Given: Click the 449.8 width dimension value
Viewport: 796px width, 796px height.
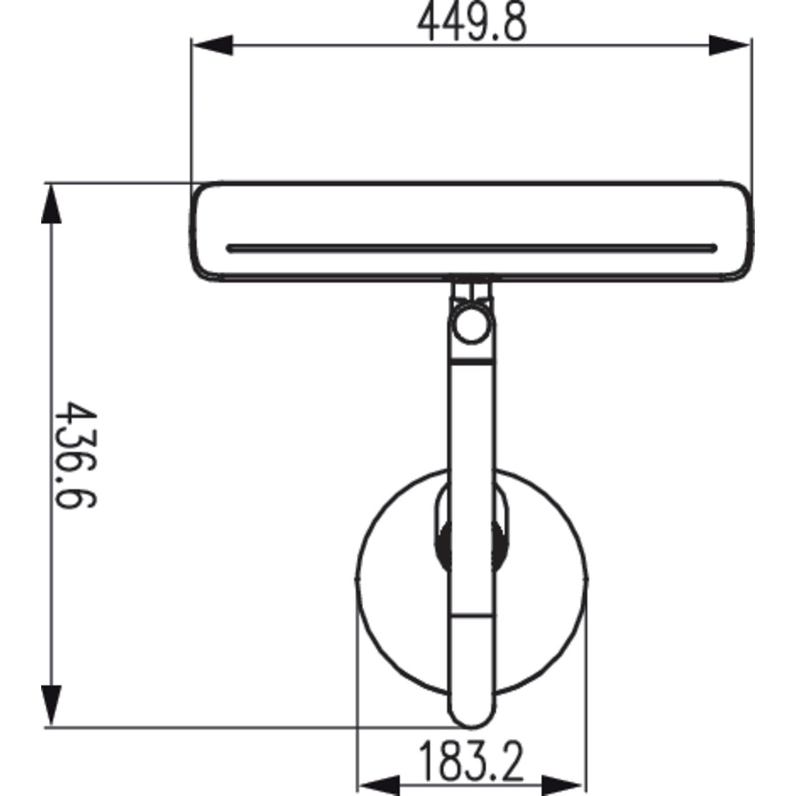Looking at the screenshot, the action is tap(472, 23).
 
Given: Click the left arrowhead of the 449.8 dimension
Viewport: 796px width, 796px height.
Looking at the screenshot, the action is tap(212, 45).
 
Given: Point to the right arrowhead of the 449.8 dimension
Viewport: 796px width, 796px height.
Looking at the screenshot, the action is tap(729, 45).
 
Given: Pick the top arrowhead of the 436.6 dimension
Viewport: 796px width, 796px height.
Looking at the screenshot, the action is tap(51, 204).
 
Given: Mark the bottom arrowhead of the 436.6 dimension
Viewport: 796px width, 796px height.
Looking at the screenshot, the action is tap(51, 705).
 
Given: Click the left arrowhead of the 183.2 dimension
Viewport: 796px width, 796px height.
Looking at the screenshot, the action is tap(379, 785).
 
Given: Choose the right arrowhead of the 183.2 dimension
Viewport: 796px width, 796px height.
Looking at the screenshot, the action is tap(561, 785).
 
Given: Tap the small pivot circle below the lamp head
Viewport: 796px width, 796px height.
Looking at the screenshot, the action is tap(472, 324).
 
